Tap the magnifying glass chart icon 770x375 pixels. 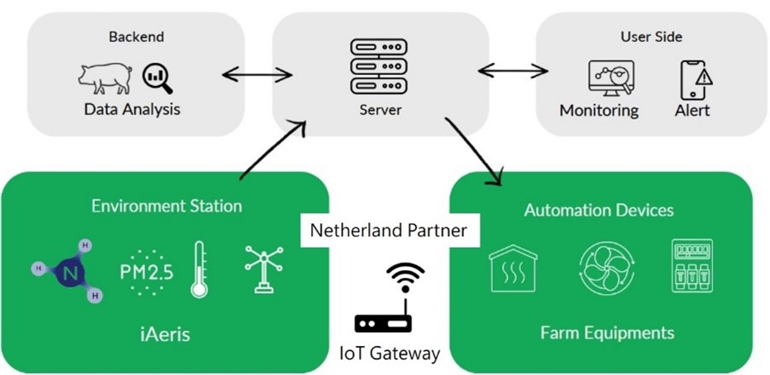click(x=158, y=77)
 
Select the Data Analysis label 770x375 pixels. click(x=132, y=110)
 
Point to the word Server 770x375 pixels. click(x=380, y=111)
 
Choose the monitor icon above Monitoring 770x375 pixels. click(x=611, y=78)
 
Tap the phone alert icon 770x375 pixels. click(x=695, y=78)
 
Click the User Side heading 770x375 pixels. click(x=651, y=37)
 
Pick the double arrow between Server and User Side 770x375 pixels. click(x=512, y=70)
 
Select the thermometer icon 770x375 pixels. click(x=199, y=268)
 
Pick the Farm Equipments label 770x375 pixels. click(x=607, y=332)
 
